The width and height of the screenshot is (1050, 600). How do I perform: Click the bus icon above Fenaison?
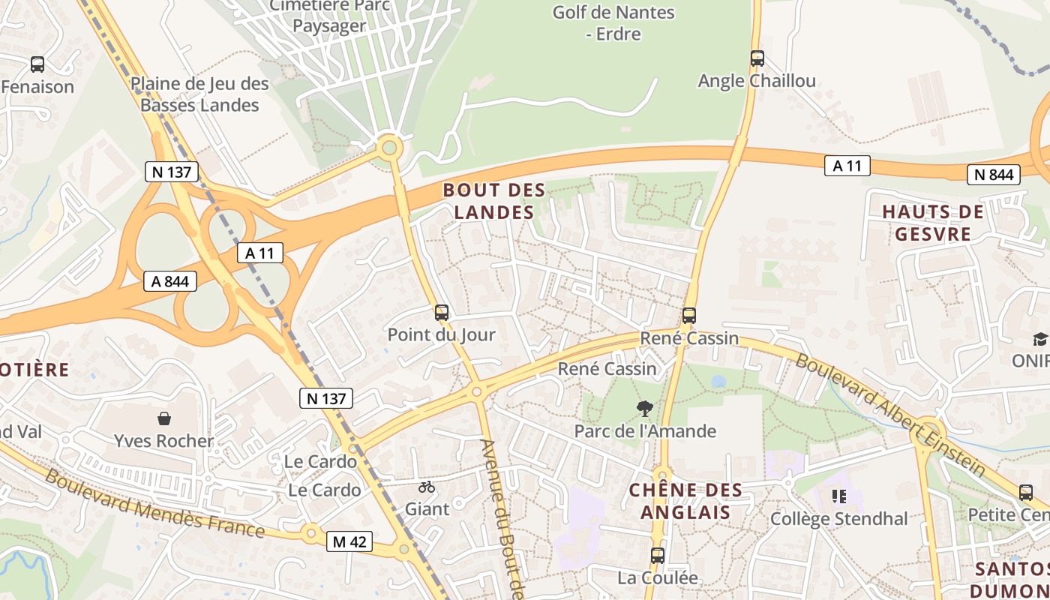37,64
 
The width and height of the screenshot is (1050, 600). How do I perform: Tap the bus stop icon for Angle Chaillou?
757,58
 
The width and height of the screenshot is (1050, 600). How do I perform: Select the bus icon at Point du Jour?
442,313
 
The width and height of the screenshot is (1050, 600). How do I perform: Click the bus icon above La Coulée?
658,556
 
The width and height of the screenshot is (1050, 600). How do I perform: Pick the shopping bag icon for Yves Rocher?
164,418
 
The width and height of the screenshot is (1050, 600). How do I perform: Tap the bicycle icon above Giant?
427,487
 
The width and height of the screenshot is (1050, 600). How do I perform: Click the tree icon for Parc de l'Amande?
644,409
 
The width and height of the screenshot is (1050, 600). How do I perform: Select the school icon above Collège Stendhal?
839,496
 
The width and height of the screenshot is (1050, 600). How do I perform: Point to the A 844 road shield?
170,281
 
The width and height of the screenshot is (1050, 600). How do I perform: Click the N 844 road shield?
994,175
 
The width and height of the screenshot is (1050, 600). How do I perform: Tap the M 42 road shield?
349,541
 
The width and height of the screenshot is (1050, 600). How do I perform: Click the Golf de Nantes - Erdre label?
613,23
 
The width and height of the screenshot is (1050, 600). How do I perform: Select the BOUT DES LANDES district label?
493,201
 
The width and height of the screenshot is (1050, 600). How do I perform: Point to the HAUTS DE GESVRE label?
932,223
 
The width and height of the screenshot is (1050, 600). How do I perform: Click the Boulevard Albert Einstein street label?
890,413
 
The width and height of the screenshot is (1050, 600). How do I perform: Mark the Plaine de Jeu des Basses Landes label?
199,94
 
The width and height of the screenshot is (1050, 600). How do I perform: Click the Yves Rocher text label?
164,440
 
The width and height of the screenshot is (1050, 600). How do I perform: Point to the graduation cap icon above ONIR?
1039,339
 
